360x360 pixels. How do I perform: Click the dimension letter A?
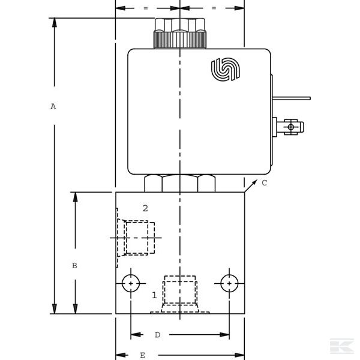[x=53, y=106]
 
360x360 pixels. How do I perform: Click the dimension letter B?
[x=74, y=265]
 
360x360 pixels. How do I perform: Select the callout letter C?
[x=264, y=183]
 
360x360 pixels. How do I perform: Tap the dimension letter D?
[x=157, y=335]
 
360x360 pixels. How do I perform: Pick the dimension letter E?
[x=142, y=355]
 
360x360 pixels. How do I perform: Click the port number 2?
[x=145, y=208]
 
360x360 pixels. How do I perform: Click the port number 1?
[x=154, y=295]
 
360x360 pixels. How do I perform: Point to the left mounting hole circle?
[x=131, y=283]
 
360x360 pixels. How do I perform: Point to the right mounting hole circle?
[x=229, y=283]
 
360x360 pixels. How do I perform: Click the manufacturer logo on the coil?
[x=225, y=69]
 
